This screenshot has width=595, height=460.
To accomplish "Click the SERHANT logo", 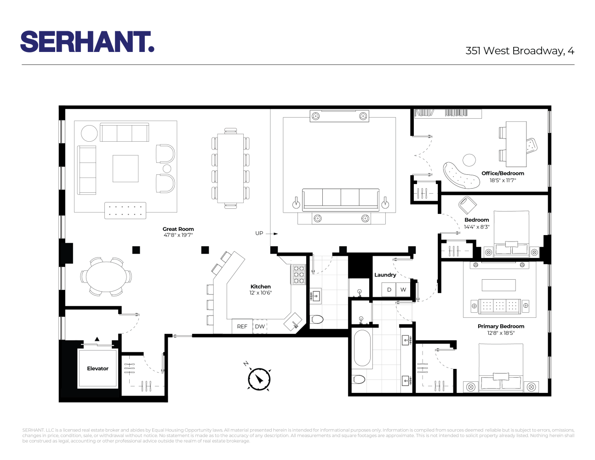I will (87, 42).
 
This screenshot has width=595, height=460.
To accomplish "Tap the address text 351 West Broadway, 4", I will (520, 51).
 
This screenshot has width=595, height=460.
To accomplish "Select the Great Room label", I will (178, 229).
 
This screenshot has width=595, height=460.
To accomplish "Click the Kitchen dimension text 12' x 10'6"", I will (260, 293).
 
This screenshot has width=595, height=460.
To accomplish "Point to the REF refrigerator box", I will (242, 326).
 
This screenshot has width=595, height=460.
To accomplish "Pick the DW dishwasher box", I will (260, 326).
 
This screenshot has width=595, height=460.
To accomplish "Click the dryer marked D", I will (389, 289).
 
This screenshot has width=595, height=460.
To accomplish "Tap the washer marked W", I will (403, 289).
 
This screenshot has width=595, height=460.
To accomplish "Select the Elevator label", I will (97, 368).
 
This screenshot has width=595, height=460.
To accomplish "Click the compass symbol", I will (259, 379).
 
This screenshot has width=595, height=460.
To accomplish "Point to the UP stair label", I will (259, 233).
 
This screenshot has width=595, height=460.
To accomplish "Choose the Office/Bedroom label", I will (503, 173).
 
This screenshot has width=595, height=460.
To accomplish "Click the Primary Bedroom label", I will (501, 326).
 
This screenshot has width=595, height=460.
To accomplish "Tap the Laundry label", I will (385, 275).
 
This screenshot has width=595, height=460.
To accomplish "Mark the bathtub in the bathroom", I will (362, 348).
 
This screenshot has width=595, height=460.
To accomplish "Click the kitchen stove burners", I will (299, 275).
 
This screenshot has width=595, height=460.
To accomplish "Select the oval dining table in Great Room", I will (106, 276).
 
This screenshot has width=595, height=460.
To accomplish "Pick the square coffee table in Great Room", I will (126, 168).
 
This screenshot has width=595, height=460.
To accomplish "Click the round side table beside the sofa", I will (89, 133).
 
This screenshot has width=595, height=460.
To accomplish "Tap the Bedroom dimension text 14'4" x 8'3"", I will (476, 227).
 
